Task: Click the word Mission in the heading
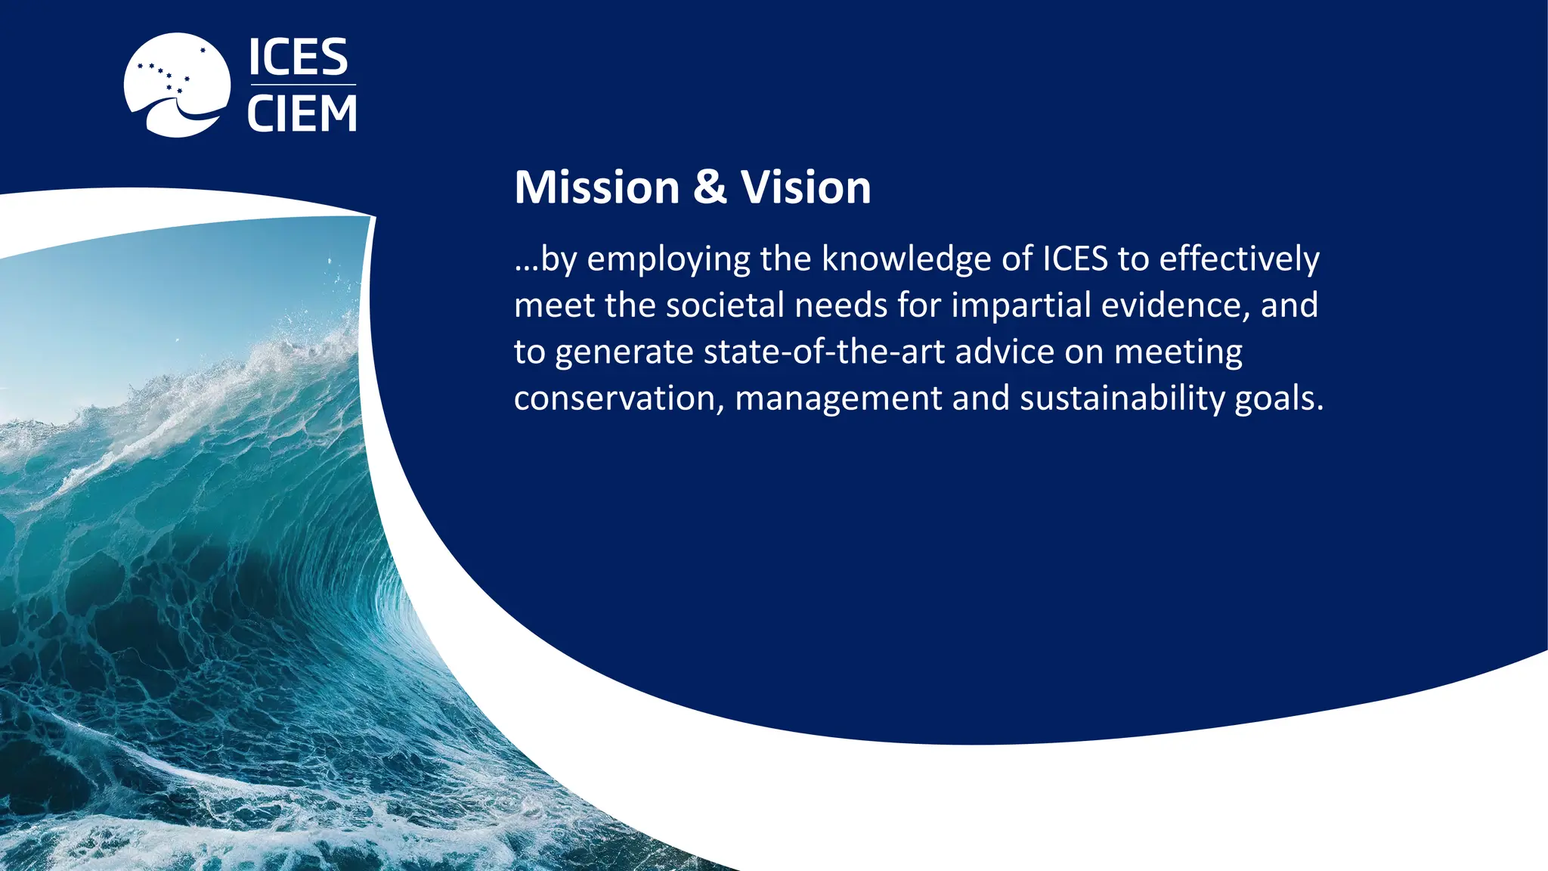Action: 597,188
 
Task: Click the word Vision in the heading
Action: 806,188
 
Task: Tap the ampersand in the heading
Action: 710,188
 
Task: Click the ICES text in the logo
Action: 299,58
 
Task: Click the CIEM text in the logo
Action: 302,114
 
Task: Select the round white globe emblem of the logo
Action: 177,85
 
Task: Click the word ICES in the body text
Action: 1075,259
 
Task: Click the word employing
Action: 669,260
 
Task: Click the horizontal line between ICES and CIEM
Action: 302,85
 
